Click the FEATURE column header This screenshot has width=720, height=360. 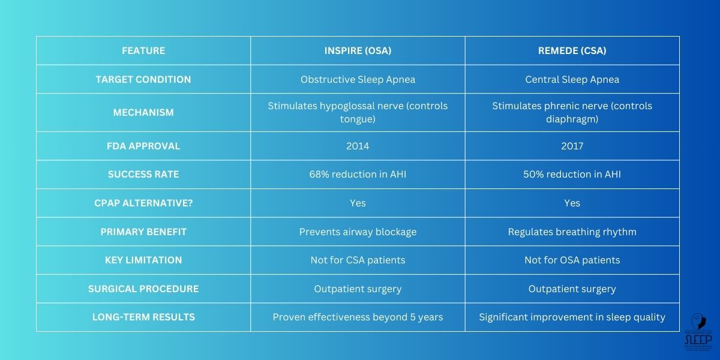[143, 51]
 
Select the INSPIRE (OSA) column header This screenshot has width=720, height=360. [358, 51]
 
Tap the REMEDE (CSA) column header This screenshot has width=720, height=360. [572, 51]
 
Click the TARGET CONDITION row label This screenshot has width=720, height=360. [143, 79]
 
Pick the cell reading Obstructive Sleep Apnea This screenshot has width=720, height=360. [358, 79]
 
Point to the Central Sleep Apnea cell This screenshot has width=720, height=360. [572, 79]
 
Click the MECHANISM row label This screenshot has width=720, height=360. [143, 112]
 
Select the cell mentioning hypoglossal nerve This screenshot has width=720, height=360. [358, 112]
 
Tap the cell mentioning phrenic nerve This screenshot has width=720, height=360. [572, 112]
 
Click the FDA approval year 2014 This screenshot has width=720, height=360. [358, 146]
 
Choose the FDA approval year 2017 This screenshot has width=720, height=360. [572, 146]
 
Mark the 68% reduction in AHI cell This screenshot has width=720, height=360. [358, 175]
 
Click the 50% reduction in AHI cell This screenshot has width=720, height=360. [572, 175]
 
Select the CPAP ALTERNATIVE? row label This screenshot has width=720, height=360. [143, 203]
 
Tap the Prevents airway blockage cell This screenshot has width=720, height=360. [358, 232]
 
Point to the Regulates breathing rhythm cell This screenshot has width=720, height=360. [572, 232]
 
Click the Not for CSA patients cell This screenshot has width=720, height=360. [358, 260]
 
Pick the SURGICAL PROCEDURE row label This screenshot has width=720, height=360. [143, 289]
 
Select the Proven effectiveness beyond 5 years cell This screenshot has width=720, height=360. [358, 317]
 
